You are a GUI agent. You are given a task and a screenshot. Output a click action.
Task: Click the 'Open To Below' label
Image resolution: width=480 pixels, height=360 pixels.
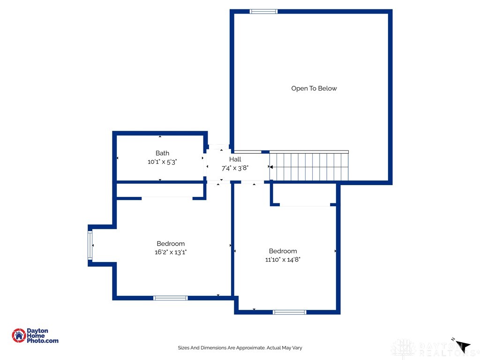pyautogui.click(x=314, y=89)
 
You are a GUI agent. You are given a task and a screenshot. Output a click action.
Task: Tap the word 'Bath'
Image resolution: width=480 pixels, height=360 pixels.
pyautogui.click(x=162, y=153)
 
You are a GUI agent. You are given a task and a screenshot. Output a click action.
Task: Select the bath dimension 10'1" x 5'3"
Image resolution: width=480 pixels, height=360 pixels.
pyautogui.click(x=162, y=162)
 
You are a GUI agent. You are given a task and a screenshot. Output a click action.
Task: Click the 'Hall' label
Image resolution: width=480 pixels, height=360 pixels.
pyautogui.click(x=235, y=159)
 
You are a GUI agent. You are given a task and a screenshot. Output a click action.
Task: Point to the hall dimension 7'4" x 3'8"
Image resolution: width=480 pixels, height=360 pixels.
pyautogui.click(x=235, y=167)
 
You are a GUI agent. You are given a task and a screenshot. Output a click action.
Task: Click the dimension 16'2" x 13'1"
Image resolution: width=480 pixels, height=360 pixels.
pyautogui.click(x=171, y=252)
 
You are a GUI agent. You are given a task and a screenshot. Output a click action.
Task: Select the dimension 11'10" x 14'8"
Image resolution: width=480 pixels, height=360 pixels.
pyautogui.click(x=283, y=259)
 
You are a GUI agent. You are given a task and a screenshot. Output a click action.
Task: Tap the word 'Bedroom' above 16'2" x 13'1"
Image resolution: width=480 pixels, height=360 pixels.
pyautogui.click(x=171, y=244)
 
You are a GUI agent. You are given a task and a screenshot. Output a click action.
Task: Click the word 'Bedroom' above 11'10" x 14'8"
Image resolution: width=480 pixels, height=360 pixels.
pyautogui.click(x=283, y=251)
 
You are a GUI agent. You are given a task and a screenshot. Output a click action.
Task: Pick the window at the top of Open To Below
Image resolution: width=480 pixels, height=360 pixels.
pyautogui.click(x=263, y=11)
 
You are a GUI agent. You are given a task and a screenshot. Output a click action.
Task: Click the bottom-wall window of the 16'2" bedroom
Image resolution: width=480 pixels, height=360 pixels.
pyautogui.click(x=171, y=298)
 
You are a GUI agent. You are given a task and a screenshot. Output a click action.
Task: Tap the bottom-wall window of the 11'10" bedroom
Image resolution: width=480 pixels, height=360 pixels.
pyautogui.click(x=290, y=312)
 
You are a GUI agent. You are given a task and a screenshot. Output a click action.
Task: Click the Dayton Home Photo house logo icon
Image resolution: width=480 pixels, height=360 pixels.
pyautogui.click(x=19, y=335)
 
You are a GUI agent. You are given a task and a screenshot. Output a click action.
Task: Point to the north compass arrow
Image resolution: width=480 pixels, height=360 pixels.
pyautogui.click(x=463, y=346)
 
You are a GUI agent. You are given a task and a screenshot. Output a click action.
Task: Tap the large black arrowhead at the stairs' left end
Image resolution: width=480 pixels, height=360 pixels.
pyautogui.click(x=270, y=166)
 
